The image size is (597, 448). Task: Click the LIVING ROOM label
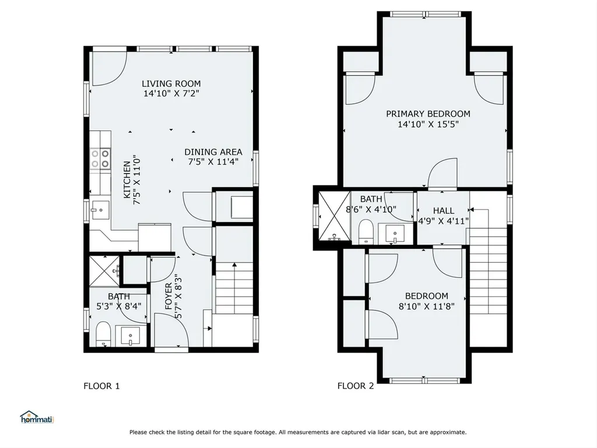(171, 84)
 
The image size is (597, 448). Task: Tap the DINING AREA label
(213, 152)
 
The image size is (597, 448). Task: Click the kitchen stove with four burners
(100, 158)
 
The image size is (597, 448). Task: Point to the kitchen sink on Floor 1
(100, 210)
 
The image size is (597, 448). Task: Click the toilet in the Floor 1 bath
(103, 334)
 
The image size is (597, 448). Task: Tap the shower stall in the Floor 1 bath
(104, 271)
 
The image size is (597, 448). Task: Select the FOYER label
(168, 296)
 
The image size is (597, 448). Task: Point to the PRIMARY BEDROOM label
(428, 114)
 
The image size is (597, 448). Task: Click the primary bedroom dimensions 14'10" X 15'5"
(428, 124)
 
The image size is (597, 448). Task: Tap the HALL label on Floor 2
(444, 211)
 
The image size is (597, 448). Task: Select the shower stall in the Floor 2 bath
(334, 216)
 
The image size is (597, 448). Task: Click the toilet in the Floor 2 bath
(366, 231)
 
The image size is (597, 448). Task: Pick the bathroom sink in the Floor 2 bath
(395, 233)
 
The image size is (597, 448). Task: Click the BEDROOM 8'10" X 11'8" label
(426, 301)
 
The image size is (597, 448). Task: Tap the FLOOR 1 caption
(101, 386)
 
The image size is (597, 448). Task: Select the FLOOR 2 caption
(356, 386)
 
